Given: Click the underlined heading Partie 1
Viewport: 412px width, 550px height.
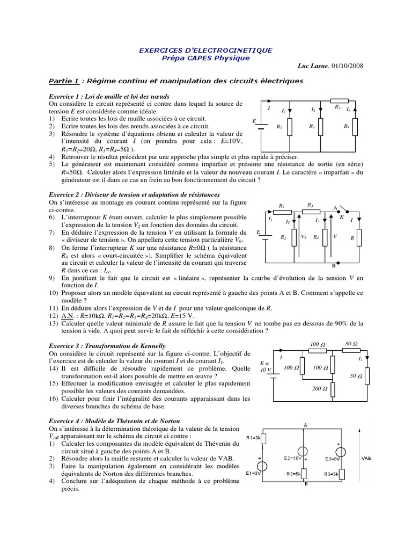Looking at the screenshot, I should (x=64, y=81).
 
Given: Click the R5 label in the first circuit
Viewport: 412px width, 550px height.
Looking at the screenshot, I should (x=337, y=107).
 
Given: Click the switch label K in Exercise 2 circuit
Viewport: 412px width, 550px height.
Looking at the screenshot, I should (x=341, y=217).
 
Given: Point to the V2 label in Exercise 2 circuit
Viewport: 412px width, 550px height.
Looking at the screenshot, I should (x=303, y=236).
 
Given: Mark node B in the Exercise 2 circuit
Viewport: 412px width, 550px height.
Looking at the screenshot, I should (x=333, y=266).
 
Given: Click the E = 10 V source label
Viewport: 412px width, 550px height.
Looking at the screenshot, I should (x=266, y=366).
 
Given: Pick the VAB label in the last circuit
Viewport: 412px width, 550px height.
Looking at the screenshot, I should (x=366, y=459).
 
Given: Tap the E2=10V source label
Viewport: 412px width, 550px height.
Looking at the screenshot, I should (x=292, y=459).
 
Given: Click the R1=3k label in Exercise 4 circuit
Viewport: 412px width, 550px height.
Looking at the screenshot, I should (x=253, y=438).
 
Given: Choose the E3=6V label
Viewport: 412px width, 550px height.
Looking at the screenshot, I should (x=333, y=459).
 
